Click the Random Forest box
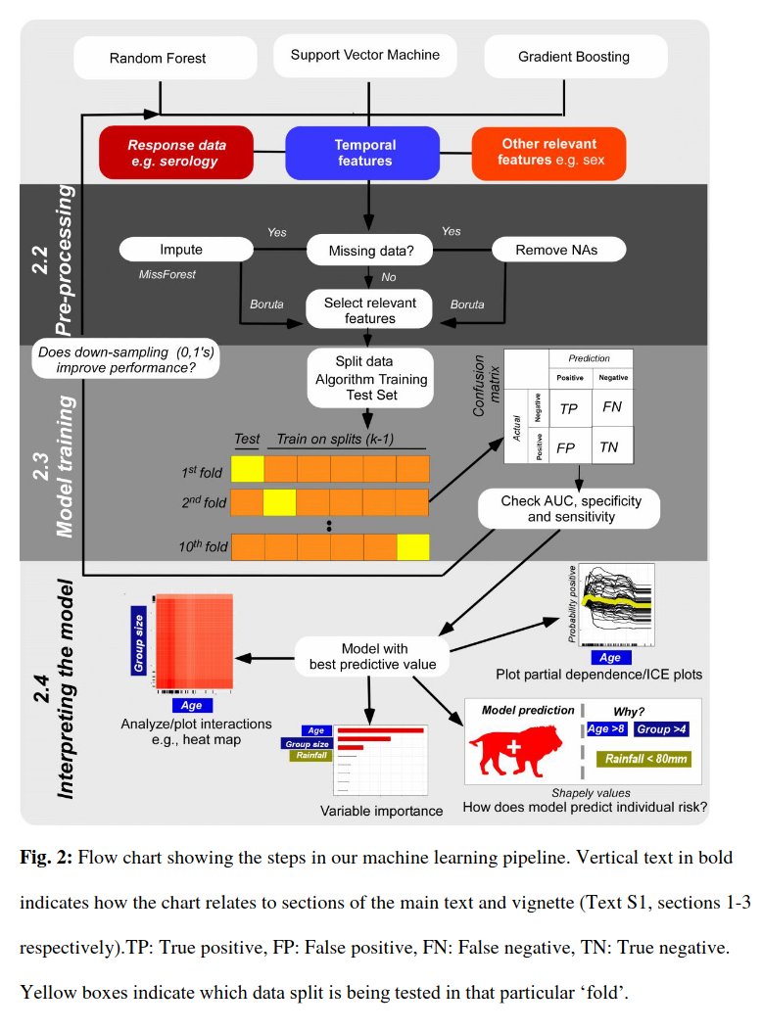[x=158, y=59]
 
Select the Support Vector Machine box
[x=365, y=56]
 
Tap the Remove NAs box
[x=555, y=250]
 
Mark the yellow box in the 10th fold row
[x=413, y=545]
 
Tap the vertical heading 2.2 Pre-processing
[x=58, y=264]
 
